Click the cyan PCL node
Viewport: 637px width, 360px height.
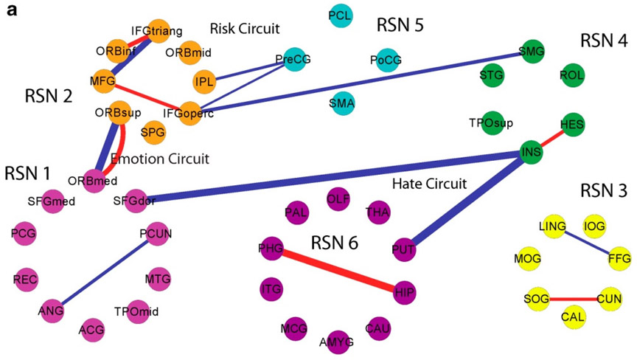click(x=340, y=15)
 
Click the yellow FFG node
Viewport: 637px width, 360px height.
click(x=618, y=258)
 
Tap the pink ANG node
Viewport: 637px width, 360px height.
click(x=51, y=311)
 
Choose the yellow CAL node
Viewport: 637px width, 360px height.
click(x=574, y=316)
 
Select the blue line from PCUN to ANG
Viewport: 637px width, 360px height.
click(x=103, y=271)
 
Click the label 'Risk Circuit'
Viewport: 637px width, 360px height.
click(x=245, y=29)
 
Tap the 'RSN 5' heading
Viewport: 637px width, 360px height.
click(x=400, y=25)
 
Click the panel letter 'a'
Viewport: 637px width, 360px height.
click(x=12, y=13)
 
